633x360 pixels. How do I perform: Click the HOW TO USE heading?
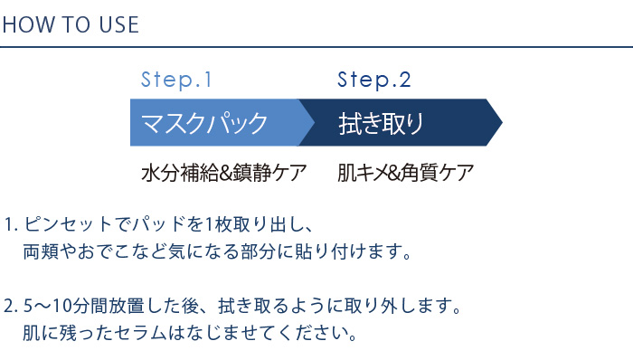click(x=71, y=24)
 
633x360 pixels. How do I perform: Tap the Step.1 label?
click(x=176, y=80)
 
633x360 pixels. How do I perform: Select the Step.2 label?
click(x=374, y=80)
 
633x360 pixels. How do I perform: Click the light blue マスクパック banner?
click(x=213, y=123)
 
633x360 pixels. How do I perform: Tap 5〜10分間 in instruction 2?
click(x=64, y=306)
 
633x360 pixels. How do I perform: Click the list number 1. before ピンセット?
click(x=10, y=223)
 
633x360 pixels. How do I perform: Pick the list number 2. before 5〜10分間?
click(x=10, y=306)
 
